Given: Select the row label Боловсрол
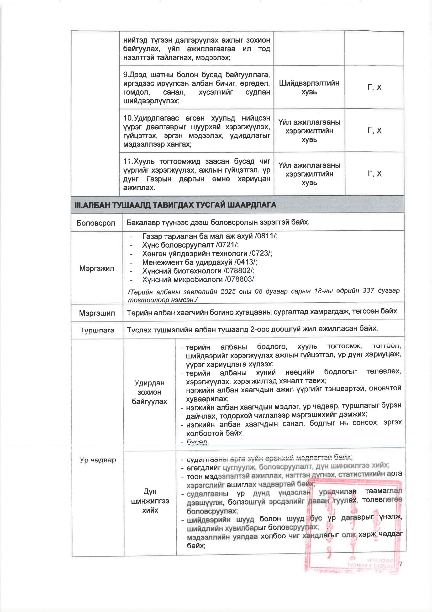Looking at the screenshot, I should (x=96, y=223).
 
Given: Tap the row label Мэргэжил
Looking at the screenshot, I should (x=96, y=268).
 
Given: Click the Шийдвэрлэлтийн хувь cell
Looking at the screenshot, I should (x=309, y=87).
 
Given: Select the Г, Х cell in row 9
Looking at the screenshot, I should (x=374, y=87).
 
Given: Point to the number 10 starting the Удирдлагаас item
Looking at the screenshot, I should (x=127, y=118).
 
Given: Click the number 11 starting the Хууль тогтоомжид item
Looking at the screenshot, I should (x=127, y=161).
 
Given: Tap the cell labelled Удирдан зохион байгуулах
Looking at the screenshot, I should (x=150, y=392).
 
